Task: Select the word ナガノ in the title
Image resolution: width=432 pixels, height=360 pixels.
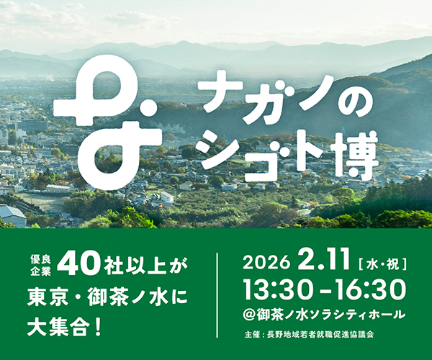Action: [x=248, y=96]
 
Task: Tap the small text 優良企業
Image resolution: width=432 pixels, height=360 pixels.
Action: [x=40, y=266]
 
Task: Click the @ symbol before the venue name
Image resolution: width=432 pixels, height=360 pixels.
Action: [x=251, y=315]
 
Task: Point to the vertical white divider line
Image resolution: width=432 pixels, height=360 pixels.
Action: [x=217, y=295]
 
